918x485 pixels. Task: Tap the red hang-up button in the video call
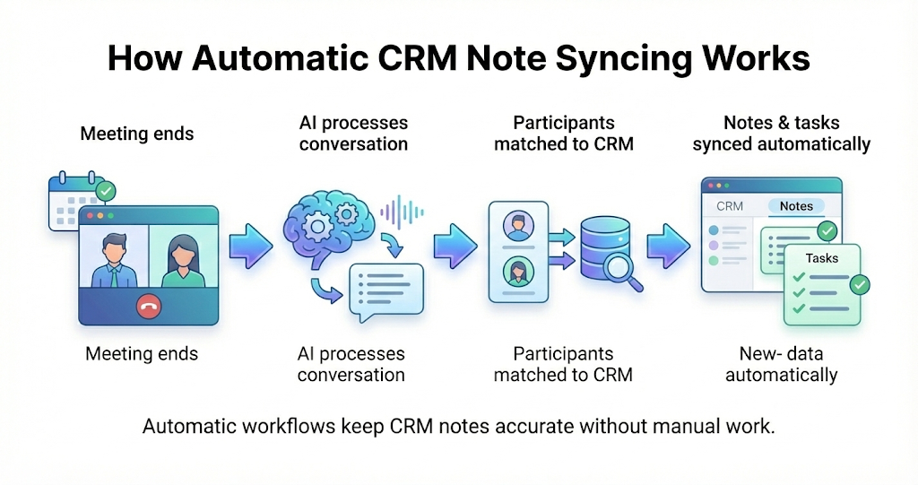148,307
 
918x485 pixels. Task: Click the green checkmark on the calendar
106,191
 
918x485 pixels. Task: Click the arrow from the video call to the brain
251,247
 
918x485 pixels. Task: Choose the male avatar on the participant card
516,225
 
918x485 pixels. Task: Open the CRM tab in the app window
730,206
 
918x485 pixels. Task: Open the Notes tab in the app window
796,206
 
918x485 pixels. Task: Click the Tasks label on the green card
821,258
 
